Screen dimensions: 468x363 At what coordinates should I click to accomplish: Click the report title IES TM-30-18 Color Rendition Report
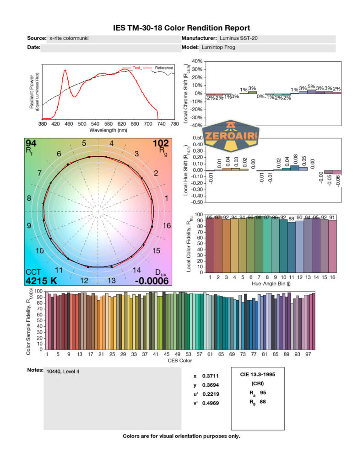(x=182, y=28)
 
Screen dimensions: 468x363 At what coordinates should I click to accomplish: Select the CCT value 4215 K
(x=41, y=280)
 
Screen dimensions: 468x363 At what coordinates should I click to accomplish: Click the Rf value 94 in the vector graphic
(x=32, y=144)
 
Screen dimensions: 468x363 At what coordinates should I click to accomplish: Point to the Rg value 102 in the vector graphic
(x=161, y=144)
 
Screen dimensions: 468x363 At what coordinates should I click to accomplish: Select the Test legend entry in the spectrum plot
(x=136, y=68)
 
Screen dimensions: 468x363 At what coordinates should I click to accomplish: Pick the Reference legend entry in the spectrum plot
(x=163, y=68)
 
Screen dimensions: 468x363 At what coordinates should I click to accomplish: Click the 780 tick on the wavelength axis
(x=174, y=124)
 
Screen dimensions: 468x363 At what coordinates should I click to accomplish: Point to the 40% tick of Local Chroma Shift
(x=197, y=61)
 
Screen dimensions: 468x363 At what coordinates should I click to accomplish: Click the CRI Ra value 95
(x=263, y=393)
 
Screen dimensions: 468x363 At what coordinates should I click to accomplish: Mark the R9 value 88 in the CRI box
(x=263, y=402)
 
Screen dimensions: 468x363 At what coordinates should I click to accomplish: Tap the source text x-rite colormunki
(x=69, y=38)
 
